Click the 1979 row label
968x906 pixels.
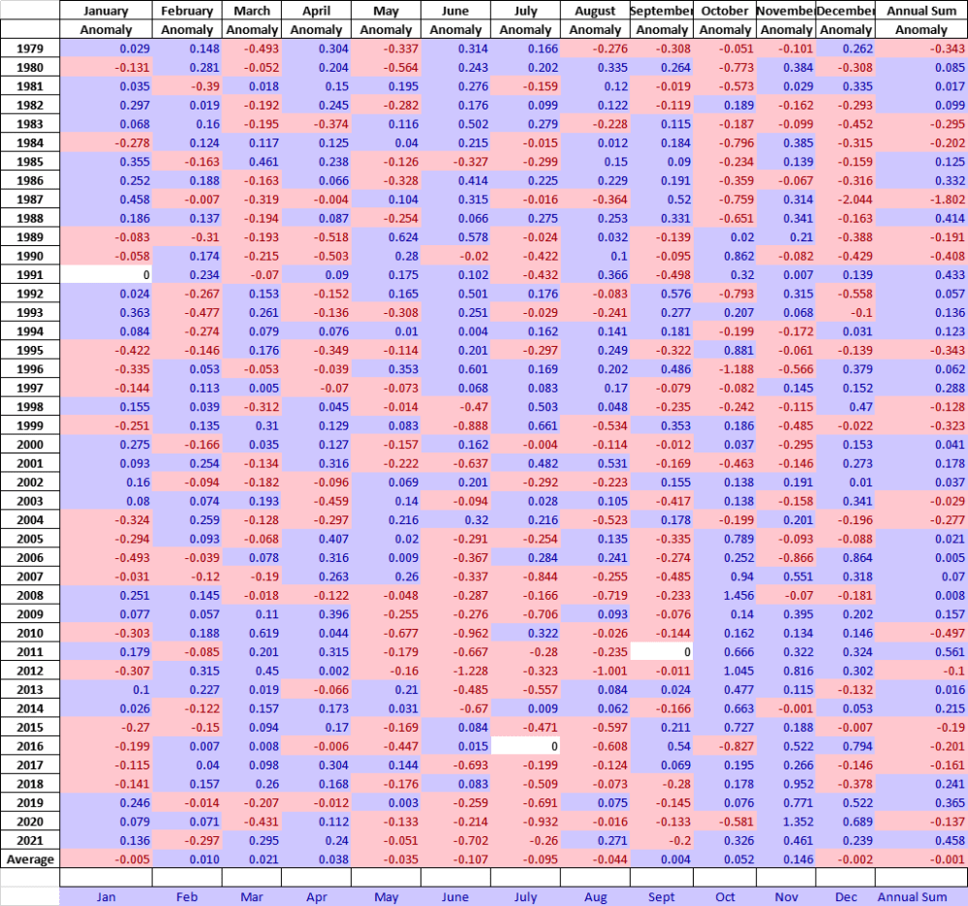pos(29,48)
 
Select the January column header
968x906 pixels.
pos(106,11)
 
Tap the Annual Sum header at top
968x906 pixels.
pos(921,11)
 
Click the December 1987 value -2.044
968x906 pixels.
pos(845,199)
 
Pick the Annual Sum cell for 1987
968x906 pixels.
pos(921,199)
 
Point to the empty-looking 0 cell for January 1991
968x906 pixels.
pos(106,274)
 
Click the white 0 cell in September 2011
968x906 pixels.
pos(661,652)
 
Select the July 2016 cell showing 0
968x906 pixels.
pos(525,746)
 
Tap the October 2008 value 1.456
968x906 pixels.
pos(725,595)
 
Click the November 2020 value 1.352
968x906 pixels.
pos(785,822)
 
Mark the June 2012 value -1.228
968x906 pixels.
pos(455,671)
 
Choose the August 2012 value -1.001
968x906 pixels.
pos(595,671)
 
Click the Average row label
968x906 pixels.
pos(30,859)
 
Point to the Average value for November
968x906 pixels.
pos(785,859)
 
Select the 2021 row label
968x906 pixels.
pos(29,840)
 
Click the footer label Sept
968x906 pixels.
pos(661,897)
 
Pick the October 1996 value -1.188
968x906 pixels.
pos(725,368)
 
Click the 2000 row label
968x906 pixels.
pos(29,444)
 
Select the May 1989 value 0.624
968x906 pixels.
pos(386,236)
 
